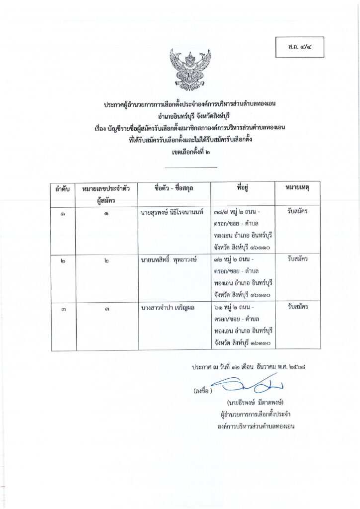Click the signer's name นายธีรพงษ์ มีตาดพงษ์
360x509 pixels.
click(x=257, y=402)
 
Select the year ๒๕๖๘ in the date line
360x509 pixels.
click(x=308, y=368)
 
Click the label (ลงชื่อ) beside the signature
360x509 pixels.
click(x=203, y=391)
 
